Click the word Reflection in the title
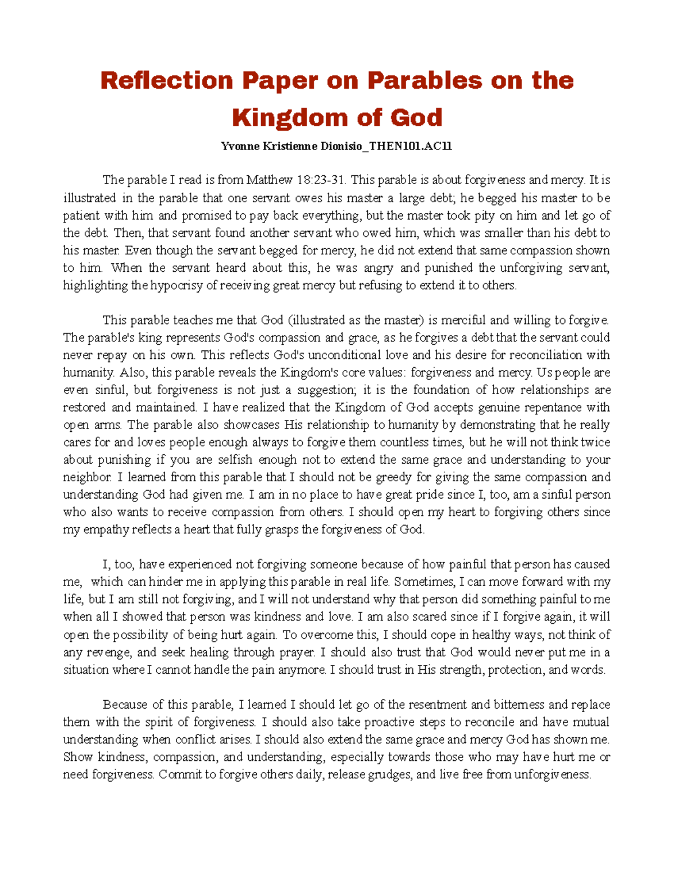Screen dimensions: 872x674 (x=166, y=81)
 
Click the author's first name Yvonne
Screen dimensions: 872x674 (x=240, y=147)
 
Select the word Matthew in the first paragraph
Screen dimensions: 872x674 (x=270, y=180)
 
